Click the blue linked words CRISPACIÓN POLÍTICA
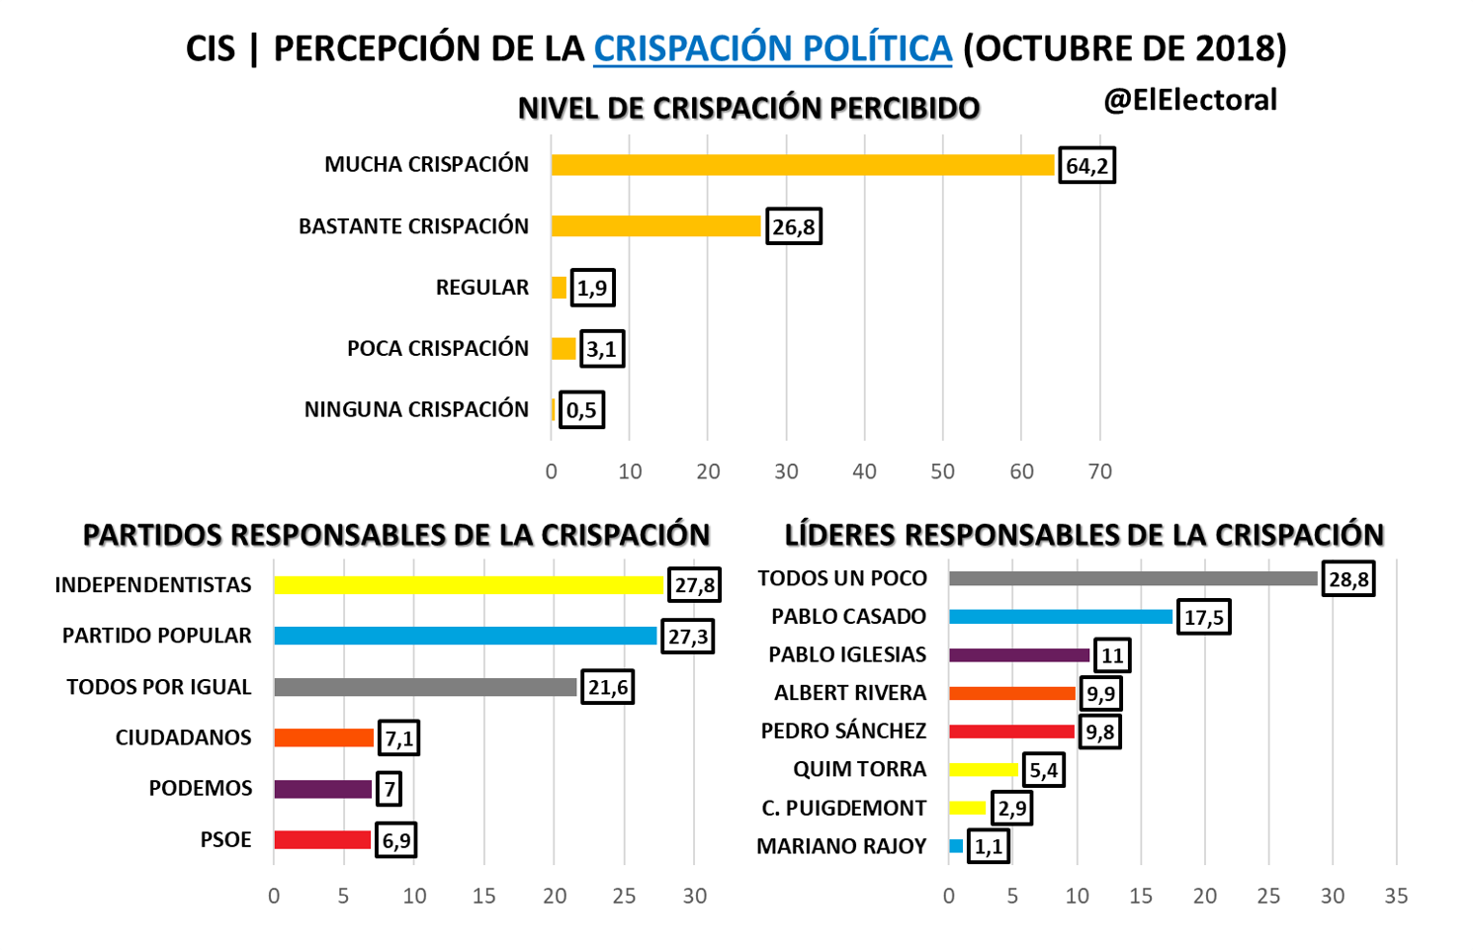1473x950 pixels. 772,48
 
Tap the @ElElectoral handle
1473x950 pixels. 1190,100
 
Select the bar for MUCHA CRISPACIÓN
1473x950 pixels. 802,165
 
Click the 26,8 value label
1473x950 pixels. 794,227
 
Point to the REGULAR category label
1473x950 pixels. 482,288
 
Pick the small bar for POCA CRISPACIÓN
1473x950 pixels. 563,349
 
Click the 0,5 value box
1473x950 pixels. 581,410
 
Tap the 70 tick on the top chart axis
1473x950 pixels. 1099,472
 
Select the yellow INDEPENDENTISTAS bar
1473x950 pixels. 469,585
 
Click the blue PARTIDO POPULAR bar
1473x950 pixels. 465,636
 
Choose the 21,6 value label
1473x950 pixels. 608,687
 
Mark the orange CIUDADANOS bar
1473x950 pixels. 323,737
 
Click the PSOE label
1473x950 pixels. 225,839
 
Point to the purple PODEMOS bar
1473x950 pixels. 322,789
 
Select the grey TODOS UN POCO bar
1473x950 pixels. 1133,578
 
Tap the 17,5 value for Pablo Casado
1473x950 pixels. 1203,618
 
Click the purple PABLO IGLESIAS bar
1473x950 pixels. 1019,655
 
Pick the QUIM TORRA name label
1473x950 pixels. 859,769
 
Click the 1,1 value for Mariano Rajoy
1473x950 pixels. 989,847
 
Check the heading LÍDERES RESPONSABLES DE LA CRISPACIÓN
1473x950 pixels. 1083,535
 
